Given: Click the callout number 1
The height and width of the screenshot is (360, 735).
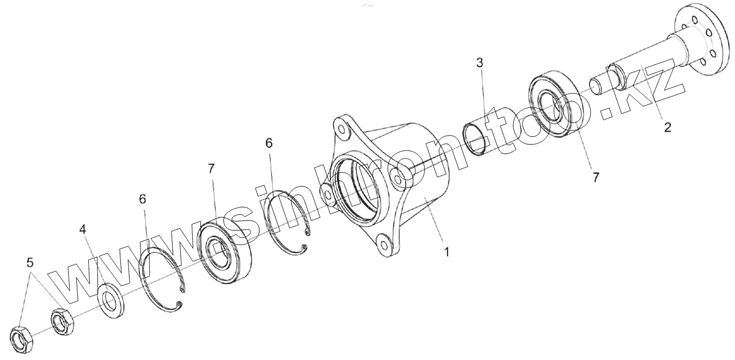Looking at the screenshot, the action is click(x=446, y=252).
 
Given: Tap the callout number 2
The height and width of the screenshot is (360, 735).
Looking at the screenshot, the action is click(x=667, y=127).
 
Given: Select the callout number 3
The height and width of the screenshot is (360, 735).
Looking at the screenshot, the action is click(x=480, y=63).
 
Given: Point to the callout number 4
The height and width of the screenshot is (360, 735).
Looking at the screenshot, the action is click(x=83, y=229).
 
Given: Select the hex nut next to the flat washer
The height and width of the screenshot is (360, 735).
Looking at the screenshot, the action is click(x=63, y=322).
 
